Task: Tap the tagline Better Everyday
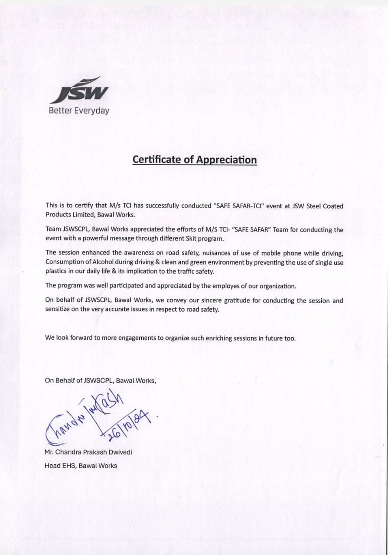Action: (x=79, y=111)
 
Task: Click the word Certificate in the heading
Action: (x=157, y=160)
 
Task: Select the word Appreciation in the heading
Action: (x=226, y=160)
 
